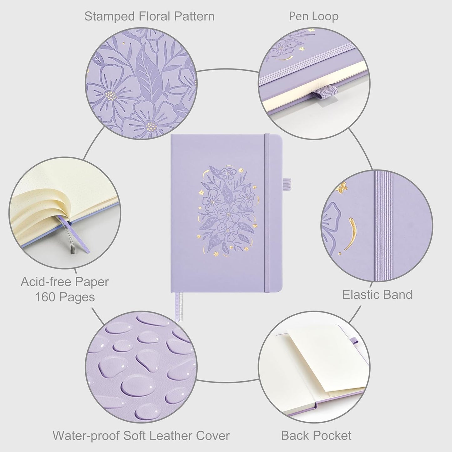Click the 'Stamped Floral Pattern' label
[149, 16]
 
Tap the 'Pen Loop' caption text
[313, 16]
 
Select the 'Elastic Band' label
[377, 294]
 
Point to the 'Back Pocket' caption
[316, 435]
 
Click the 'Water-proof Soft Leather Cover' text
[141, 435]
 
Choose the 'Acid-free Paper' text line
[65, 282]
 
